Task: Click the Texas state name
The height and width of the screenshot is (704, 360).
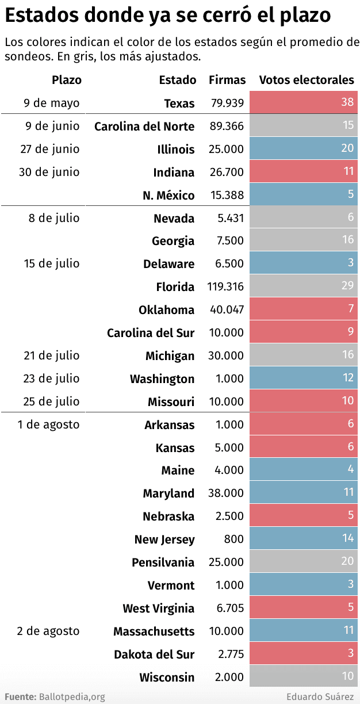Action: (179, 104)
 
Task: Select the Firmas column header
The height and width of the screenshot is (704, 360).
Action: (227, 80)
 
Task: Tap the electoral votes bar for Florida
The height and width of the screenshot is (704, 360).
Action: (304, 286)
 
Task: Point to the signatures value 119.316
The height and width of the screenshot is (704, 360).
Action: (227, 286)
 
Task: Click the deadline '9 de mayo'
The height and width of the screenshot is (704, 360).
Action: (52, 103)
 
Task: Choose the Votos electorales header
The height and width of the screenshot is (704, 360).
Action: (307, 80)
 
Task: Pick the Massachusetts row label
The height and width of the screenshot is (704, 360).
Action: (154, 632)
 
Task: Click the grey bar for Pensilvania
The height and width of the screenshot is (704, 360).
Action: (304, 561)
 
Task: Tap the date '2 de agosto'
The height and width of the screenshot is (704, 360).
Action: (48, 631)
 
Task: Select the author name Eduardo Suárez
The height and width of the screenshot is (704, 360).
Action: (320, 697)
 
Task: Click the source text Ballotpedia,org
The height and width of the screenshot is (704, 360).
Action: (72, 697)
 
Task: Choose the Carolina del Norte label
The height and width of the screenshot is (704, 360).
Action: (144, 127)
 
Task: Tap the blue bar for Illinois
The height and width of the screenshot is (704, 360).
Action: (304, 148)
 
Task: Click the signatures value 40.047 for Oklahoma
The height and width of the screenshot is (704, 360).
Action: (227, 309)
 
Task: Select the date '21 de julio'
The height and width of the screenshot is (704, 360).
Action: (52, 355)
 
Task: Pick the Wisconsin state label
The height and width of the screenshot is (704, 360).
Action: (167, 678)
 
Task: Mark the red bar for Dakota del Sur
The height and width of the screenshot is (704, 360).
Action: (304, 653)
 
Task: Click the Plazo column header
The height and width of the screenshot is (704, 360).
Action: (67, 80)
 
